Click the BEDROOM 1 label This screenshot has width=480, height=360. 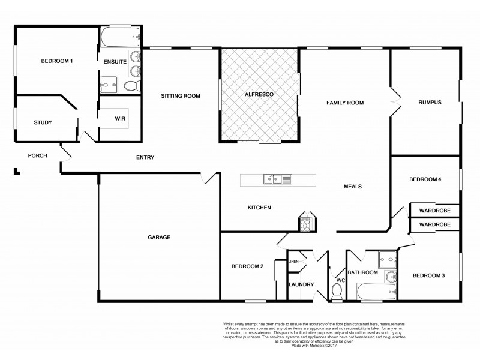click(57, 61)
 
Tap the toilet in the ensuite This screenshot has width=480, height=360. click(131, 86)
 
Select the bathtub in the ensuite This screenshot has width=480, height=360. click(119, 37)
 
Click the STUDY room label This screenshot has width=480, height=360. click(43, 122)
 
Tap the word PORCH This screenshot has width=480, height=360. click(38, 155)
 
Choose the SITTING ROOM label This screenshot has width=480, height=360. click(180, 95)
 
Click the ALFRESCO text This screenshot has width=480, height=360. click(259, 95)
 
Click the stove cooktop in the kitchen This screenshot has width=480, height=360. click(305, 224)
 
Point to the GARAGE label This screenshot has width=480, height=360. click(159, 237)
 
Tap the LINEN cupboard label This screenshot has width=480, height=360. click(293, 262)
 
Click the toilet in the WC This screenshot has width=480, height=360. click(337, 292)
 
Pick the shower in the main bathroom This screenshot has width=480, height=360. click(388, 259)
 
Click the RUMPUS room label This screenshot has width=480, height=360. click(430, 103)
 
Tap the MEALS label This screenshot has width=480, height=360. click(352, 186)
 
